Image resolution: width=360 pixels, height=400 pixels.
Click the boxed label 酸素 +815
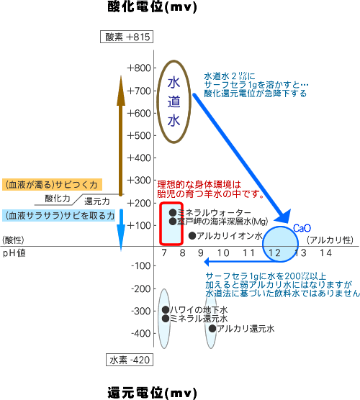pos(127,37)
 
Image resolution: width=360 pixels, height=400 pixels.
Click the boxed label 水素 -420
pos(130,360)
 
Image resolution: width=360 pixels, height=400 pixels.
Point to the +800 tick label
pos(139,68)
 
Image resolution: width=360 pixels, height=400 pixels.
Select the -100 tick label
pos(140,265)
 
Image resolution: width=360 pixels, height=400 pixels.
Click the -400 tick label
pos(140,333)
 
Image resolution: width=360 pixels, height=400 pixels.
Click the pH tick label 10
pos(223,253)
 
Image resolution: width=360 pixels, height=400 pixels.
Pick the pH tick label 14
pos(325,253)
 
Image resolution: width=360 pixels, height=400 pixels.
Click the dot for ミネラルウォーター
pos(173,212)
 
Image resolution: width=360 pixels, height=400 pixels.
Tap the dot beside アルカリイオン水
pos(192,236)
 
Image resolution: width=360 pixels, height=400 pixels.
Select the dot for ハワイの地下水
pos(166,309)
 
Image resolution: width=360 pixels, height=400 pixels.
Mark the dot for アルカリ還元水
pos(212,328)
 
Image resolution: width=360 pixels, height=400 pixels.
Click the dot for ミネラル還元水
pos(166,319)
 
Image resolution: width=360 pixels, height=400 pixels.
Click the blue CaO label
pos(302,228)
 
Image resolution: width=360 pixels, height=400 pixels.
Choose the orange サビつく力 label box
pos(52,184)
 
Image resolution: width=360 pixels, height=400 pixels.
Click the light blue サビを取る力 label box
pos(59,216)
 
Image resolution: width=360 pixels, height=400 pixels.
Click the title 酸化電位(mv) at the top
pos(152,6)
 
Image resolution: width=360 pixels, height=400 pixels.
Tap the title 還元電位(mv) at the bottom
pos(152,393)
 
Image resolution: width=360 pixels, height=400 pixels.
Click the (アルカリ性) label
pos(330,240)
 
